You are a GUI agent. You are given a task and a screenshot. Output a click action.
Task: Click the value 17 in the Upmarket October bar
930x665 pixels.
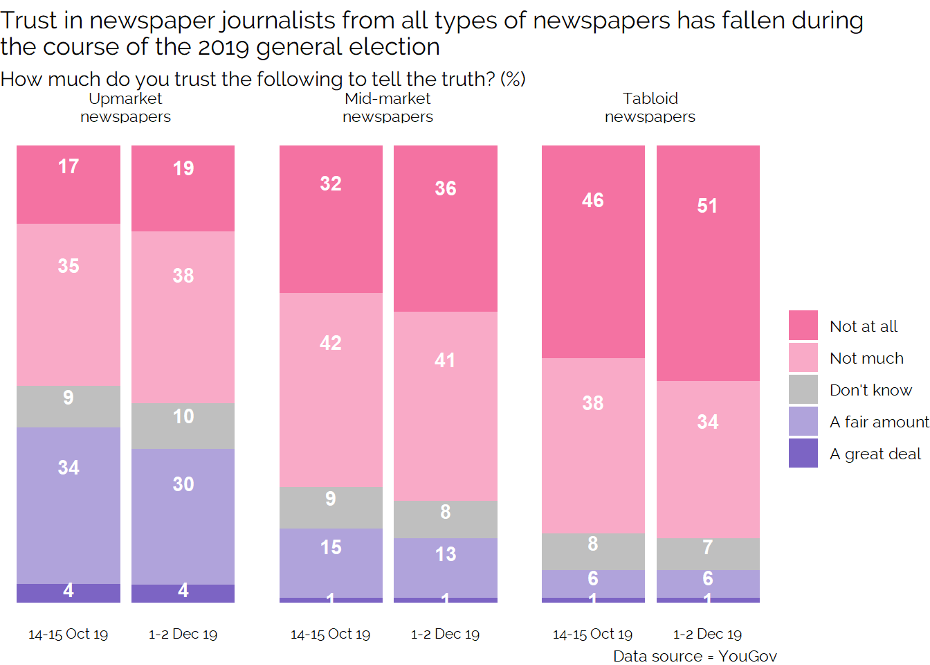(69, 167)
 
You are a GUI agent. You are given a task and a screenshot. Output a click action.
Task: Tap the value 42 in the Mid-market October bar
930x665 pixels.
(331, 343)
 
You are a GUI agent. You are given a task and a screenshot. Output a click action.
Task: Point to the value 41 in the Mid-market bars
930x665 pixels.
(445, 360)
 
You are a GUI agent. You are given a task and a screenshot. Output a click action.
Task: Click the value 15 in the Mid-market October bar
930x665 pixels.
(331, 547)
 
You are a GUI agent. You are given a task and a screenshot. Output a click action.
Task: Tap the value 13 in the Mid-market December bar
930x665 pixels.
(445, 554)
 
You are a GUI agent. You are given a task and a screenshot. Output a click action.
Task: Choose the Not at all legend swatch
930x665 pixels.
(803, 326)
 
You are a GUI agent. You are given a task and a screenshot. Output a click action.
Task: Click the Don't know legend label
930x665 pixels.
(870, 390)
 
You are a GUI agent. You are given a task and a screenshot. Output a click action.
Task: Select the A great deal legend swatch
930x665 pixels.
(803, 454)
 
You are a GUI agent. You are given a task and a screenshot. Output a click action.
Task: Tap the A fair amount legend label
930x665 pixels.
(879, 422)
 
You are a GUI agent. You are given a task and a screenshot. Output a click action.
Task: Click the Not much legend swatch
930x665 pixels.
(803, 357)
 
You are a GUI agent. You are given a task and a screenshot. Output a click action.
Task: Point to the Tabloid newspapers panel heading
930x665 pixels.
(650, 107)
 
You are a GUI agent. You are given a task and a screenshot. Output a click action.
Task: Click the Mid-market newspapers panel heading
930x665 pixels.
(387, 107)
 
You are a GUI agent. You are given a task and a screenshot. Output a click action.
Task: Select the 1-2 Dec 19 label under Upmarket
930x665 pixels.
(183, 634)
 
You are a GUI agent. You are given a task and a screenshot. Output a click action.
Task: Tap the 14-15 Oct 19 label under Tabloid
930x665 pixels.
(593, 634)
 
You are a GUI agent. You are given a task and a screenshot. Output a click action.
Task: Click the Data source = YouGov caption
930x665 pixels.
(695, 656)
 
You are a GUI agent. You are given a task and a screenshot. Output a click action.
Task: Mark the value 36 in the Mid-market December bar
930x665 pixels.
(445, 188)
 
